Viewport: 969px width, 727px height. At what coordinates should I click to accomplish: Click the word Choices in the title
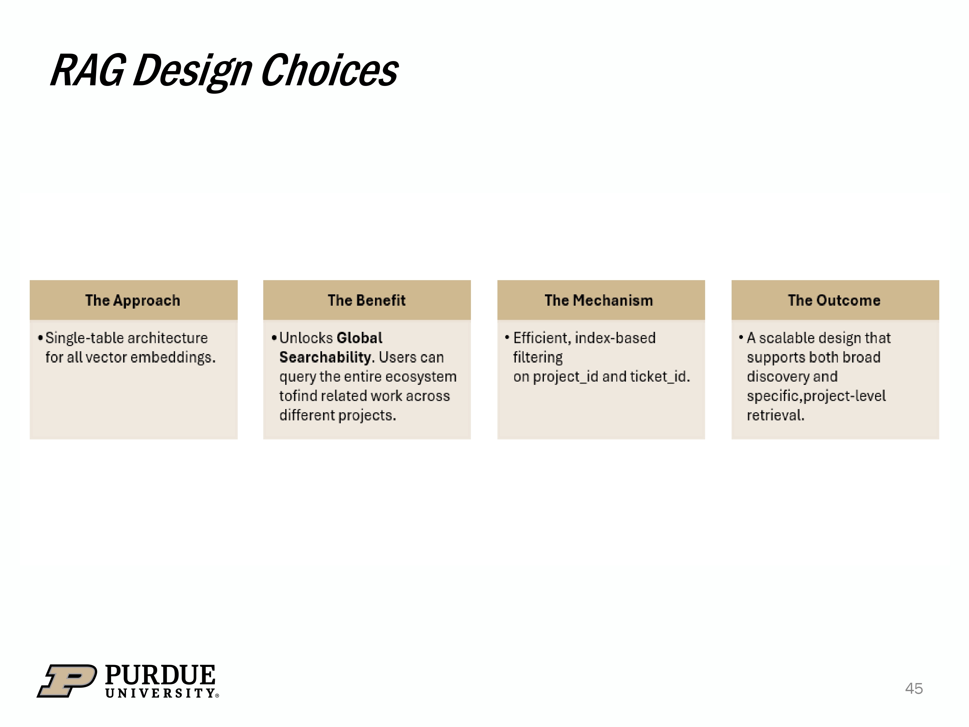329,70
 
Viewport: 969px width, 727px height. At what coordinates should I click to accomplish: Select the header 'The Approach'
133,300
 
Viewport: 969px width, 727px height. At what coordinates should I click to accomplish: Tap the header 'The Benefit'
367,300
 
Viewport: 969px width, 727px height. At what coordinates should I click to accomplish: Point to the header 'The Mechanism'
599,300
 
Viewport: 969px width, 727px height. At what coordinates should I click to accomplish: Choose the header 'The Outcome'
834,300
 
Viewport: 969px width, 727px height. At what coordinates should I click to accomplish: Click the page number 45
914,689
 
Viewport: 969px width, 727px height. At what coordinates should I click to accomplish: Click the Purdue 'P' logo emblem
67,680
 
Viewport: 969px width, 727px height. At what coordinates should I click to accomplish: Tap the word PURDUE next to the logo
160,675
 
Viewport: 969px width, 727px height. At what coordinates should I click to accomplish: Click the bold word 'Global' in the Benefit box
359,338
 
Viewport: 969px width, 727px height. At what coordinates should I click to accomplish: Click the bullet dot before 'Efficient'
507,337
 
